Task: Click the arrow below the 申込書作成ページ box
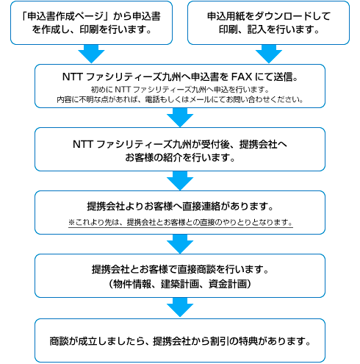click(91, 54)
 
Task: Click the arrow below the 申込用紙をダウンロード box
click(269, 54)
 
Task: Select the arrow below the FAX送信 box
click(180, 118)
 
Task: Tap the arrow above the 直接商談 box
click(180, 244)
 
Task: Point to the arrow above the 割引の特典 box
click(180, 307)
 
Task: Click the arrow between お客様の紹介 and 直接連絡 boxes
click(180, 181)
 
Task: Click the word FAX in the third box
click(242, 77)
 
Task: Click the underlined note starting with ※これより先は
click(181, 222)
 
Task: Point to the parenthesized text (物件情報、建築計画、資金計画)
click(180, 284)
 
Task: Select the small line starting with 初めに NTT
click(180, 90)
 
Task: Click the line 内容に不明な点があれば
click(180, 99)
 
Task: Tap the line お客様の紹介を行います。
click(180, 157)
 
